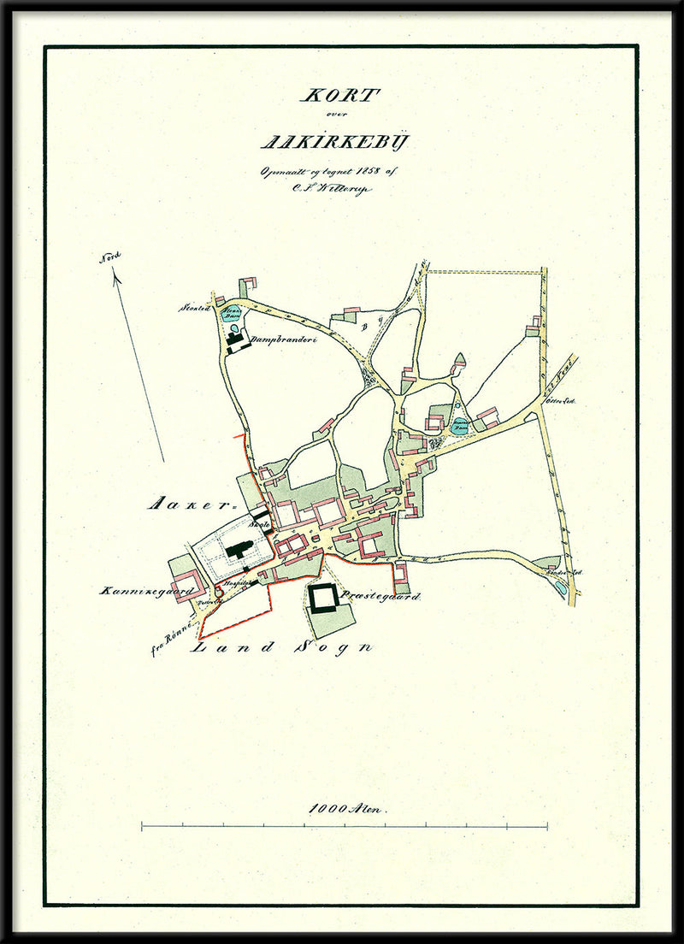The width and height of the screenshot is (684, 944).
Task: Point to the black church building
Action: (x=239, y=548)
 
